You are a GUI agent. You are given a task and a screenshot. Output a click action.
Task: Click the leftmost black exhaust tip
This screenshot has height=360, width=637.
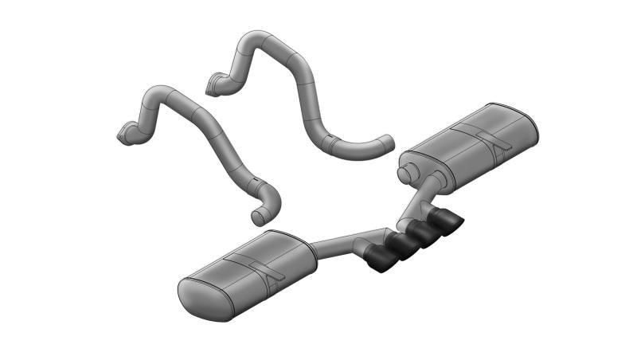click(x=381, y=260)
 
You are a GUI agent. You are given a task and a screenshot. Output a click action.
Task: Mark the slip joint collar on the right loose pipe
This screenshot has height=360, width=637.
click(x=329, y=143)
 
